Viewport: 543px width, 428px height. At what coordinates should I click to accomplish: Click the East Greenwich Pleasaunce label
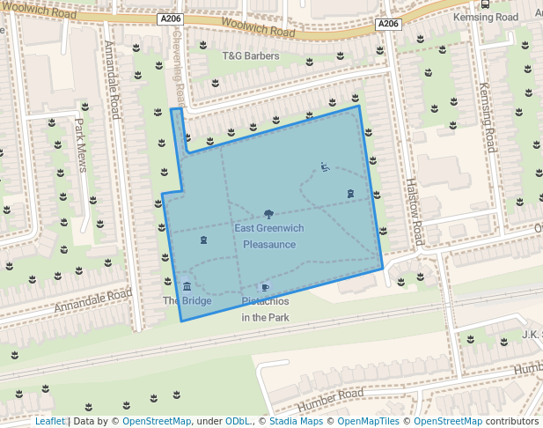click(269, 236)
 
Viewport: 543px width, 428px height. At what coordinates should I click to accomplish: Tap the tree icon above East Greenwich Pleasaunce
click(268, 214)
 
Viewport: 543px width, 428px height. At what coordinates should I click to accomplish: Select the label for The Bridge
click(187, 301)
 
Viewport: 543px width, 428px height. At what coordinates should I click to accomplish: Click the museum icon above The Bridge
click(187, 286)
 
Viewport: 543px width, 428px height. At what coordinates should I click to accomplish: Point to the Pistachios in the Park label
click(266, 309)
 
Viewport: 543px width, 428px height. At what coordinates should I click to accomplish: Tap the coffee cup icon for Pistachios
click(265, 288)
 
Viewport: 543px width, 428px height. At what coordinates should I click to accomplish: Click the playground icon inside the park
click(325, 166)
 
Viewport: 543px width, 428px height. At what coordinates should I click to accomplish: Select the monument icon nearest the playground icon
click(350, 193)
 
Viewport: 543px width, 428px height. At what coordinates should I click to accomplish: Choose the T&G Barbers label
click(250, 56)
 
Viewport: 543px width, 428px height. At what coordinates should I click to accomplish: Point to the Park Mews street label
click(81, 145)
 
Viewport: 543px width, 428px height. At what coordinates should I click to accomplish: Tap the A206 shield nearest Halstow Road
click(388, 24)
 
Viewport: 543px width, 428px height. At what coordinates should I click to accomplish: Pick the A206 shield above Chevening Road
click(172, 18)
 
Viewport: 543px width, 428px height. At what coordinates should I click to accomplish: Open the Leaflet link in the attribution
click(50, 421)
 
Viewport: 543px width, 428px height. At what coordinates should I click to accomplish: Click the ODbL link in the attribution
click(238, 421)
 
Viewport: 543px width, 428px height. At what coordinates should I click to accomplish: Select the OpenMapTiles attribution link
click(369, 421)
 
